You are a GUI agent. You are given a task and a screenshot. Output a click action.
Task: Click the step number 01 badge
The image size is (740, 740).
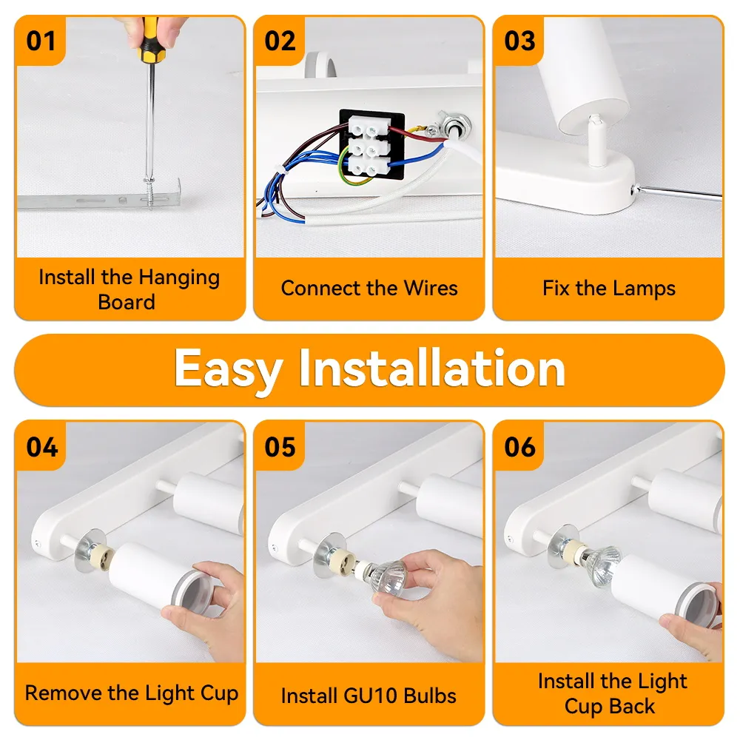[x=41, y=41]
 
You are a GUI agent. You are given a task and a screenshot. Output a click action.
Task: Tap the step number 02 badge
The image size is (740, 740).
[x=280, y=41]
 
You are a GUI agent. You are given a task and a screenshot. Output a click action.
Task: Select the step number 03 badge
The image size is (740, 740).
[x=519, y=41]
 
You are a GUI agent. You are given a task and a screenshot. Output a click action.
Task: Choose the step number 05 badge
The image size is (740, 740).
[x=280, y=447]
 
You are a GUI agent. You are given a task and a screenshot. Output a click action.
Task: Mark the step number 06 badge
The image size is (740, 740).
[x=519, y=447]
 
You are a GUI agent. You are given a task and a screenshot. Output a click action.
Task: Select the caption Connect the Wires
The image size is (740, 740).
[x=369, y=288]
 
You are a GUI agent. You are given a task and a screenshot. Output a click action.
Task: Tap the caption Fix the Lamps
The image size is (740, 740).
[x=608, y=288]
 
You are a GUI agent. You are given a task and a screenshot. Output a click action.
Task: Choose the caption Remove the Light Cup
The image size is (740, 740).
[x=131, y=693]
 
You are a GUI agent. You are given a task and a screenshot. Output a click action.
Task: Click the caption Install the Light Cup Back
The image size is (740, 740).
[x=612, y=693]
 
